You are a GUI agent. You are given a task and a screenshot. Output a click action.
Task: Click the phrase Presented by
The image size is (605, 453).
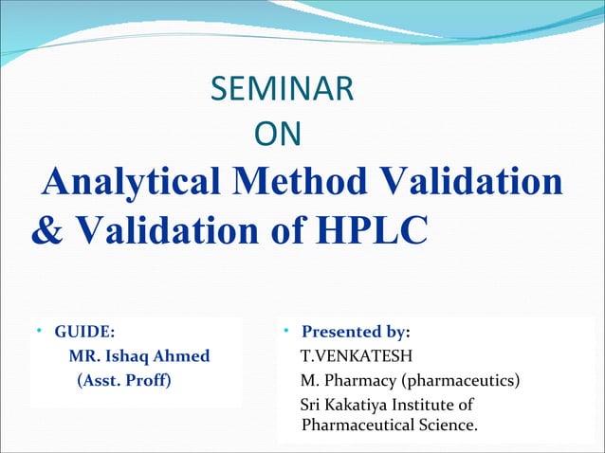354,332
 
